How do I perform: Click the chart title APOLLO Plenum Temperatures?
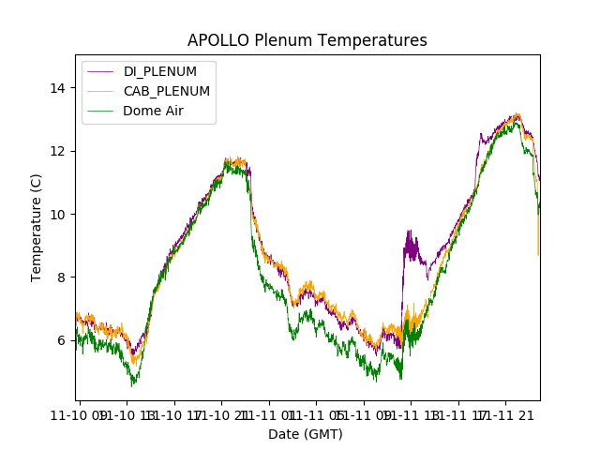point(307,40)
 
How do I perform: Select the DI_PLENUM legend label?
point(160,72)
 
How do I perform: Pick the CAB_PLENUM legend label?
point(167,91)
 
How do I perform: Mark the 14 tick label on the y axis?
point(58,88)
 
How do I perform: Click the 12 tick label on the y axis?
point(58,151)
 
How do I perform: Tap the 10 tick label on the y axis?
point(58,214)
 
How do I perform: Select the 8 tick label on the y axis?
point(62,277)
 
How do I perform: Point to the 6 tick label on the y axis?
point(62,340)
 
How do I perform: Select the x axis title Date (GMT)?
point(306,434)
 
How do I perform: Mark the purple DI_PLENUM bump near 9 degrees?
point(411,246)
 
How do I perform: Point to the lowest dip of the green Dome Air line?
point(133,383)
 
